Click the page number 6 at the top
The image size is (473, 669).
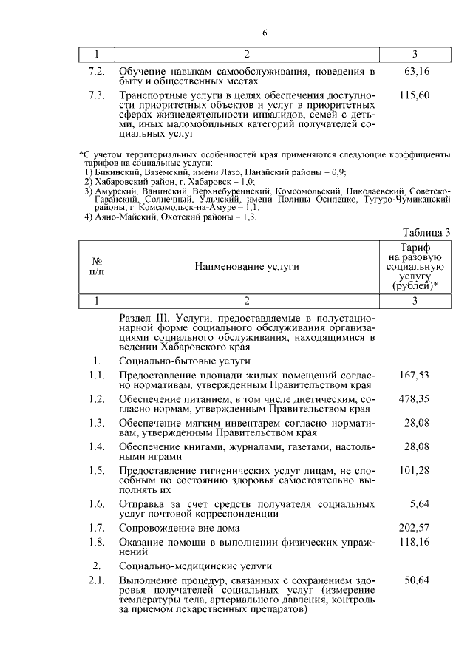(x=264, y=33)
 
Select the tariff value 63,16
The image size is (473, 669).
(x=418, y=72)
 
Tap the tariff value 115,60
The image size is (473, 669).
(x=415, y=96)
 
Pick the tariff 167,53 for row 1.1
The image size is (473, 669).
(x=415, y=376)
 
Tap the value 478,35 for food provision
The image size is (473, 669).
(x=415, y=399)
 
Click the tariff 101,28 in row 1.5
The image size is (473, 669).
(x=415, y=470)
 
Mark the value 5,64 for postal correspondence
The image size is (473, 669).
(x=420, y=504)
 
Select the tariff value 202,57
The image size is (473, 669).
(x=415, y=528)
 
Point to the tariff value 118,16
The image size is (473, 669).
(x=415, y=543)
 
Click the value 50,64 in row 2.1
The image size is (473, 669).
(x=418, y=581)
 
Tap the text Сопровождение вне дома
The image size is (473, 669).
(x=180, y=528)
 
